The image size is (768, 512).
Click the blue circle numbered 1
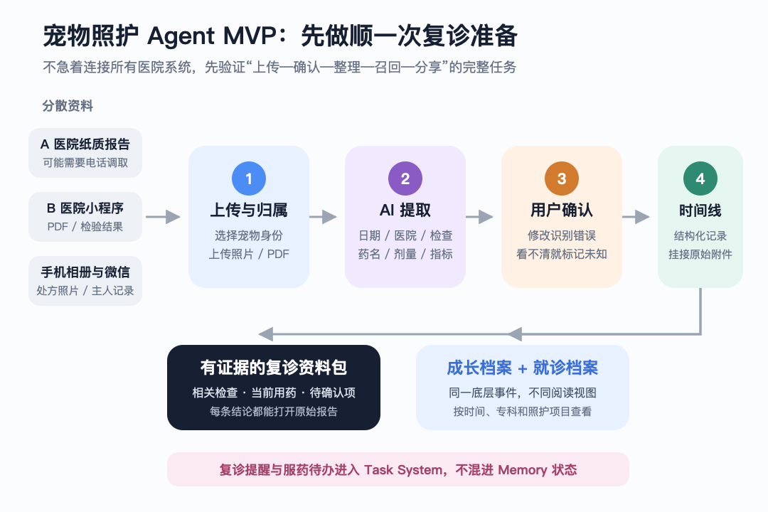pyautogui.click(x=249, y=178)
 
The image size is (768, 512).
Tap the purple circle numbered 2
pyautogui.click(x=405, y=178)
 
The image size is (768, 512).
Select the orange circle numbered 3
pyautogui.click(x=561, y=178)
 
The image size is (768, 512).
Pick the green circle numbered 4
pyautogui.click(x=700, y=178)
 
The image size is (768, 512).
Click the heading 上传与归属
pyautogui.click(x=249, y=210)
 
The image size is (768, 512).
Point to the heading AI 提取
pyautogui.click(x=405, y=210)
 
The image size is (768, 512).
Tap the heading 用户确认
pyautogui.click(x=561, y=210)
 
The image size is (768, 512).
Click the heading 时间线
pyautogui.click(x=700, y=210)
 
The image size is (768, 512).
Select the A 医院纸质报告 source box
pyautogui.click(x=85, y=153)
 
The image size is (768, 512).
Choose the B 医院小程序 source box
pyautogui.click(x=85, y=217)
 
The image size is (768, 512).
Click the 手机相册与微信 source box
pyautogui.click(x=85, y=281)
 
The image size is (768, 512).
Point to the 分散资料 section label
pyautogui.click(x=68, y=106)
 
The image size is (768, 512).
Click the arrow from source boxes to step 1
pyautogui.click(x=163, y=217)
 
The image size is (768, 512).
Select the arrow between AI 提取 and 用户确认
pyautogui.click(x=479, y=217)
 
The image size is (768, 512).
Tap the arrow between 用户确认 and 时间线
pyautogui.click(x=636, y=217)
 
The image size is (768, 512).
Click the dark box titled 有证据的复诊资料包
pyautogui.click(x=274, y=388)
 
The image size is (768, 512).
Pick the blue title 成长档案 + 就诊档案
pyautogui.click(x=522, y=368)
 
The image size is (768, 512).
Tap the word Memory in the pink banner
pyautogui.click(x=522, y=470)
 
